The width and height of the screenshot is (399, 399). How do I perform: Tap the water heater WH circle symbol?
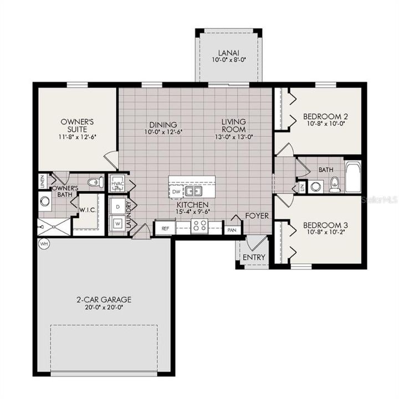click(x=42, y=243)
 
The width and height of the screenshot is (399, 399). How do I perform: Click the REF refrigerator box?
click(x=165, y=228)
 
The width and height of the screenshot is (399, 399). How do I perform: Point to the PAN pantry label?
click(x=231, y=228)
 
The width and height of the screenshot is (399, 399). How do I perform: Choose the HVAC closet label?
click(x=117, y=183)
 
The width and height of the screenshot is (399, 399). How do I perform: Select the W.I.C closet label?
click(x=86, y=211)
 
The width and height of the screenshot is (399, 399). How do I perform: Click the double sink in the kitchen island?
click(x=193, y=192)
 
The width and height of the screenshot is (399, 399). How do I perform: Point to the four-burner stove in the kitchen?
click(x=199, y=226)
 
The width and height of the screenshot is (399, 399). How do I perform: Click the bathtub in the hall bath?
click(x=352, y=177)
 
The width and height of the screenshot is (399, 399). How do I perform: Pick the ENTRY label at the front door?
click(x=254, y=258)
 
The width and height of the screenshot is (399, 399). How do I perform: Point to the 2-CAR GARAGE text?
click(x=104, y=299)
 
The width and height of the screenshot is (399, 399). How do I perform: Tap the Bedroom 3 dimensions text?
click(x=325, y=234)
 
